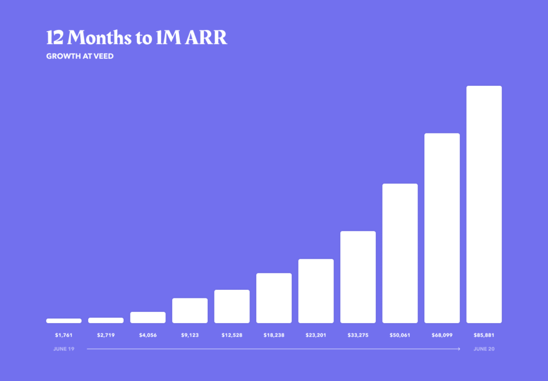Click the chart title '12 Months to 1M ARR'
tap(136, 37)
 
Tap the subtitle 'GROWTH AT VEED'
tap(80, 56)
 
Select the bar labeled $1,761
tap(64, 321)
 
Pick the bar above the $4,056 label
tap(148, 317)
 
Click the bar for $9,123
tap(190, 311)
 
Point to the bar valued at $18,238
tap(274, 298)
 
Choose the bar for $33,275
tap(358, 277)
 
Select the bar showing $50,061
tap(400, 253)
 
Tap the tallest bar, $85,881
tap(484, 204)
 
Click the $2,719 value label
tap(106, 335)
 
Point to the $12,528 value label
tap(232, 335)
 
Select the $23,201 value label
tap(316, 335)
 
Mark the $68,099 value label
tap(442, 335)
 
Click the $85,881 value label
tap(484, 335)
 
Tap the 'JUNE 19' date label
tap(64, 349)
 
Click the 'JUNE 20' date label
tap(484, 349)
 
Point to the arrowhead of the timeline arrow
tap(459, 349)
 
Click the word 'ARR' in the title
tap(206, 37)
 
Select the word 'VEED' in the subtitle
tap(103, 56)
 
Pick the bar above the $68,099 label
tap(442, 228)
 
